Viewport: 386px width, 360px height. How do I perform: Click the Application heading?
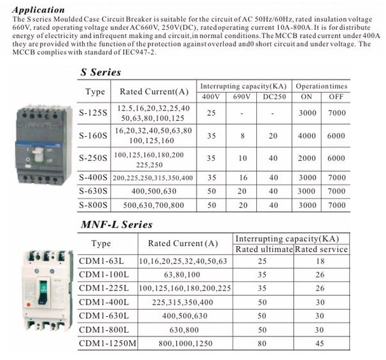(38, 10)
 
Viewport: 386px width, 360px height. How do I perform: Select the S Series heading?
(100, 73)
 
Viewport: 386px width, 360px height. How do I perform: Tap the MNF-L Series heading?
(116, 225)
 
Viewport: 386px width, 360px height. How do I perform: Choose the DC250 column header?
(273, 96)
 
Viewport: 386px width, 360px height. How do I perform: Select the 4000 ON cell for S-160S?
(306, 135)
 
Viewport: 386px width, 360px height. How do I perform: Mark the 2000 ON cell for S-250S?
(306, 158)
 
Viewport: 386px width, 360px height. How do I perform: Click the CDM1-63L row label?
(101, 261)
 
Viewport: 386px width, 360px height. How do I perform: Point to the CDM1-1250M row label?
(106, 343)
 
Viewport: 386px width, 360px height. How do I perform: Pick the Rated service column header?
(322, 249)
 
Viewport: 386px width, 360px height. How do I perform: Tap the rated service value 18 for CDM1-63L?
(322, 261)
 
